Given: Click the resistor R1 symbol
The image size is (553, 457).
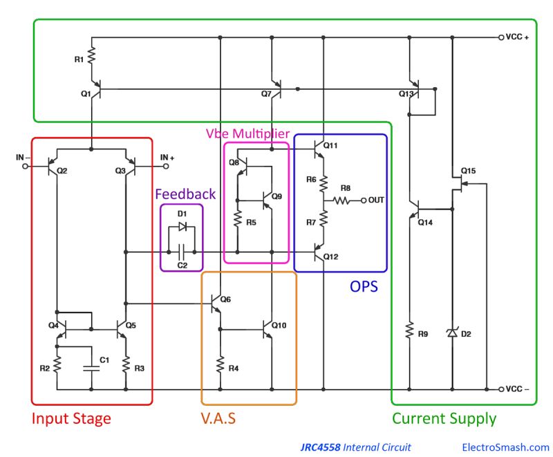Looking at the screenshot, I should tap(92, 59).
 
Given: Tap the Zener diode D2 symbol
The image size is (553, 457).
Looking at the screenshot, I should tap(452, 333).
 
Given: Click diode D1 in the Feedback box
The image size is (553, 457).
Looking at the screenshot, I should tap(182, 227).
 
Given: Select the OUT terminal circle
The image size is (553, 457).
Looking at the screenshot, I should tap(364, 200).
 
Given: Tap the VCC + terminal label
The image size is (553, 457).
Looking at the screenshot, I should tap(518, 37).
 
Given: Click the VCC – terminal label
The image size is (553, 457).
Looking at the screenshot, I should tap(518, 389).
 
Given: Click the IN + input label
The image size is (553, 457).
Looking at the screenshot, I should tap(167, 158).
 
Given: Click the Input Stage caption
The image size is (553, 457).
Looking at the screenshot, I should tap(71, 418).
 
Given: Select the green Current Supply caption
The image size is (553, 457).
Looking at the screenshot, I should tap(444, 418).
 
